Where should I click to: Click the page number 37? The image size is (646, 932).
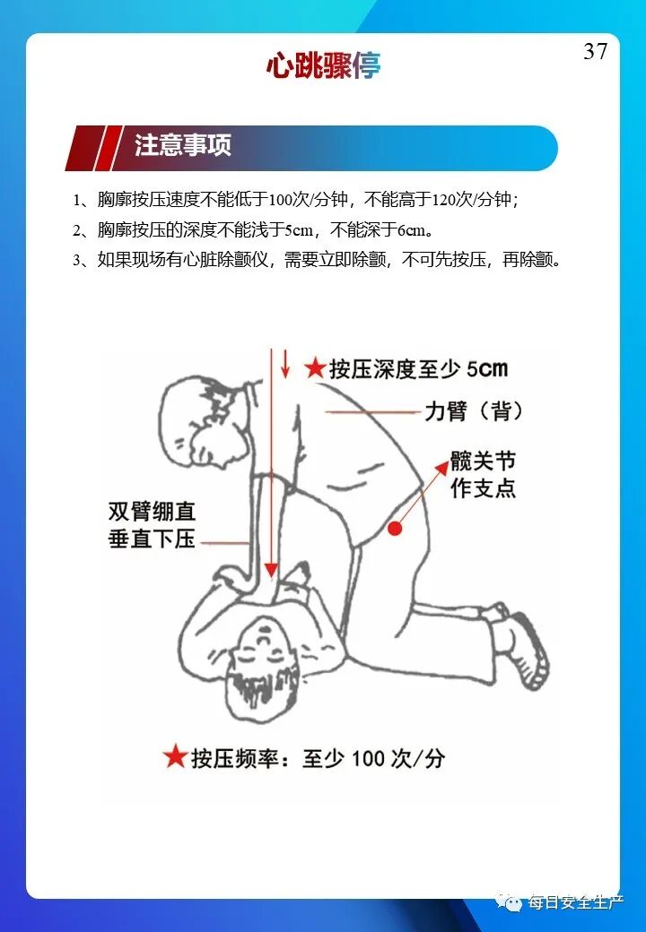click(x=596, y=52)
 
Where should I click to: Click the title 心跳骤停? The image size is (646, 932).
click(x=323, y=65)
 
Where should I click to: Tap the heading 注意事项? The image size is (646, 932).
click(x=183, y=146)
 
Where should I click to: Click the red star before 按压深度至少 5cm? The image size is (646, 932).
click(x=315, y=367)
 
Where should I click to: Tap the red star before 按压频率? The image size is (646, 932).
click(x=175, y=757)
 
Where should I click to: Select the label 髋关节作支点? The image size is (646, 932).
click(x=483, y=475)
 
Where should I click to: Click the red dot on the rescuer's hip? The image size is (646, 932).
click(x=395, y=531)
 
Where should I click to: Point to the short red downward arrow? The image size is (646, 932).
click(x=285, y=364)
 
